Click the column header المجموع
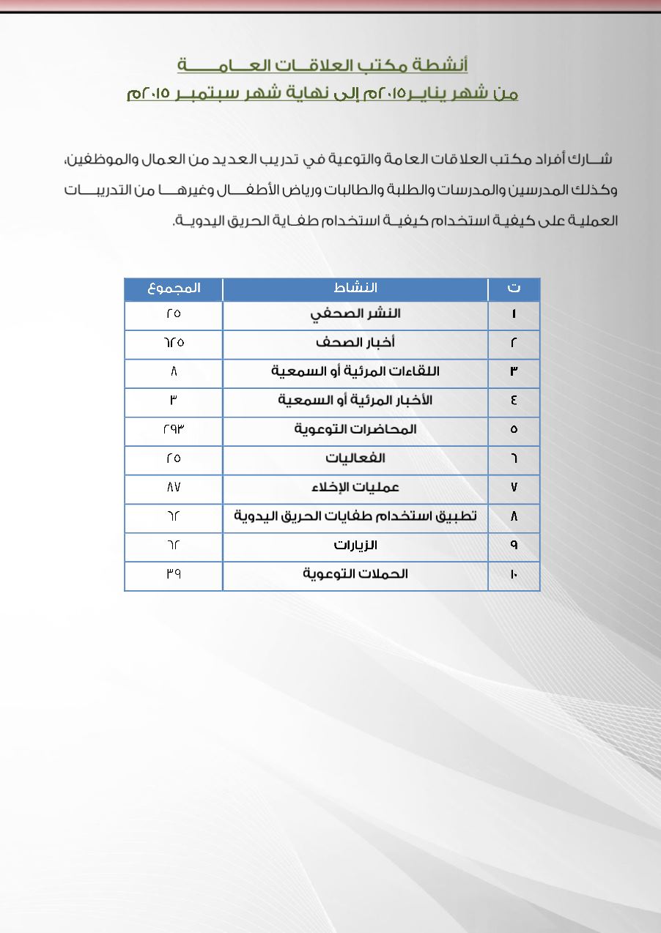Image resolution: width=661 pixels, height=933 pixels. [x=174, y=289]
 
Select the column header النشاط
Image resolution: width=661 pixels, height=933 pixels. [x=355, y=289]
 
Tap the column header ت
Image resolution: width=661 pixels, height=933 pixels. [x=514, y=289]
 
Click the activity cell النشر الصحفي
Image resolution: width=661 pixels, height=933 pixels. [x=355, y=314]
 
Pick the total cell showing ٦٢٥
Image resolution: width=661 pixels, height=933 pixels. [x=174, y=343]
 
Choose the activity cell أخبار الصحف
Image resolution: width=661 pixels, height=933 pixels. [x=355, y=343]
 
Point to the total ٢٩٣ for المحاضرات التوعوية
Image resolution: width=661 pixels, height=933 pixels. [x=174, y=430]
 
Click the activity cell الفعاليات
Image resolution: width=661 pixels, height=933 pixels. [x=355, y=458]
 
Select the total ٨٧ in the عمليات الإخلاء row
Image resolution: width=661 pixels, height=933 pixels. [x=174, y=488]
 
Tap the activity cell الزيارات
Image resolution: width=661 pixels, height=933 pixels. [x=355, y=546]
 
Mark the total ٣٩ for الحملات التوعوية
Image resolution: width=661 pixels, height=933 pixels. [x=174, y=575]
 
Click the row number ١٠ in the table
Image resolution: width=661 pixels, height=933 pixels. [x=514, y=575]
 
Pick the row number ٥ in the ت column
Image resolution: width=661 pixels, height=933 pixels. [x=514, y=430]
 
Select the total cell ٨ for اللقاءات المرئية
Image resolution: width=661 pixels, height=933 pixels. [x=174, y=372]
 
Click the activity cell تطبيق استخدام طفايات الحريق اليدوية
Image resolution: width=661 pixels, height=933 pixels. [x=355, y=516]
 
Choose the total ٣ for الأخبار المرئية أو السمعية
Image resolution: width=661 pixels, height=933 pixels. [x=174, y=401]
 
